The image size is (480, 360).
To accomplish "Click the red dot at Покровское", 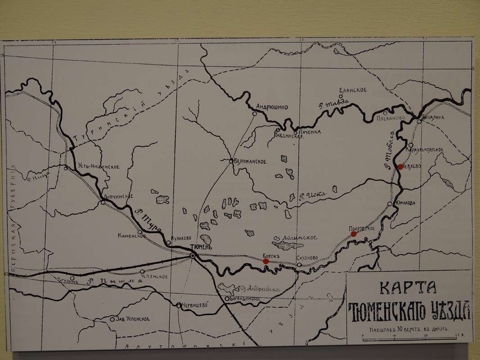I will coord(354,234).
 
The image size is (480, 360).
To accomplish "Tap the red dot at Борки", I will coord(266,261).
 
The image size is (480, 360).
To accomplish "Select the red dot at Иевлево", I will coord(400,167).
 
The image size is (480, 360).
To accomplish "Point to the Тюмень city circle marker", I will coord(193,255).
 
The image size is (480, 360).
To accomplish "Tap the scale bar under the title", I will coord(407,335).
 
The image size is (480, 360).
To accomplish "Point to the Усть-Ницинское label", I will coord(93,167).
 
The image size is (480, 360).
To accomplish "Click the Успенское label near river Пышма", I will coord(156,276).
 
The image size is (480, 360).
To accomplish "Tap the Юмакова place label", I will coord(404,202).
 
